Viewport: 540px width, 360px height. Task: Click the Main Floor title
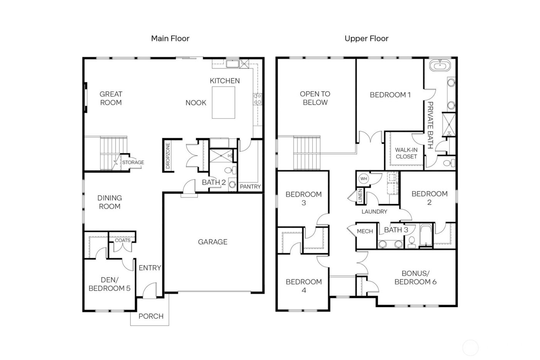[170, 38]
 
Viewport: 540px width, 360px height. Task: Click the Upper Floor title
[366, 38]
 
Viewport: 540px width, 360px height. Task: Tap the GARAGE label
[213, 242]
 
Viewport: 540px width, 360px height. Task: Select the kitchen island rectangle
[223, 103]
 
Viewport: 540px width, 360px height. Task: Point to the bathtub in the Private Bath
[440, 65]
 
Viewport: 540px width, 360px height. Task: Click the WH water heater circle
[363, 179]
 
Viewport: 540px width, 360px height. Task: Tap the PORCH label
[151, 316]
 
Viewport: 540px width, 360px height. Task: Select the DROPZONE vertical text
[168, 156]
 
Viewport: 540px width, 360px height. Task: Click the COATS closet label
[123, 240]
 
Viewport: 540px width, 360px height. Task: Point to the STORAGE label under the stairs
[133, 162]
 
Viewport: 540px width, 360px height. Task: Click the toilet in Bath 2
[228, 170]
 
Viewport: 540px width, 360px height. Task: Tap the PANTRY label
[250, 186]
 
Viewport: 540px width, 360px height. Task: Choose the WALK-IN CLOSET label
[406, 153]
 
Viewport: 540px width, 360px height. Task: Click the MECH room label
[365, 231]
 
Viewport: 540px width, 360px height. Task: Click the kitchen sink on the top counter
[232, 64]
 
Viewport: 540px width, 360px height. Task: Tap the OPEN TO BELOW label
[315, 98]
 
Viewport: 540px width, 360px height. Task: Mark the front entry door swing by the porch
[150, 291]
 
